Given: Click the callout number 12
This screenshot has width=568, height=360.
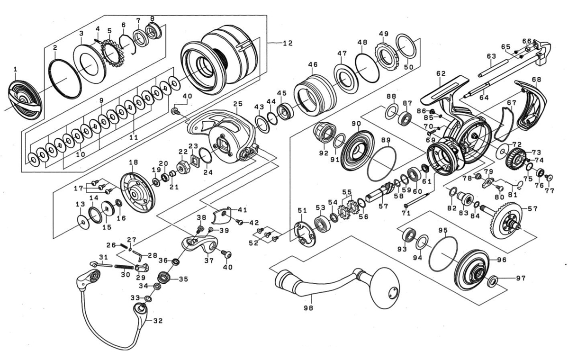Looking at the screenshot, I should (x=288, y=43).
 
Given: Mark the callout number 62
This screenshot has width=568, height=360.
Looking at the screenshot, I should (x=441, y=74).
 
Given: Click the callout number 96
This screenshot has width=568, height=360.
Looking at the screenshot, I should (x=502, y=260).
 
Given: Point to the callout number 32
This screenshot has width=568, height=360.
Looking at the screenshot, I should (x=158, y=321).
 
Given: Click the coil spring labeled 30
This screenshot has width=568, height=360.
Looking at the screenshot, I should (x=123, y=268).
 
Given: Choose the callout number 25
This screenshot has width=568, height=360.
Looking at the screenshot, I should (x=238, y=103).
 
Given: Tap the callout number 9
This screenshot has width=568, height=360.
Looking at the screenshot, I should (x=101, y=100).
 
